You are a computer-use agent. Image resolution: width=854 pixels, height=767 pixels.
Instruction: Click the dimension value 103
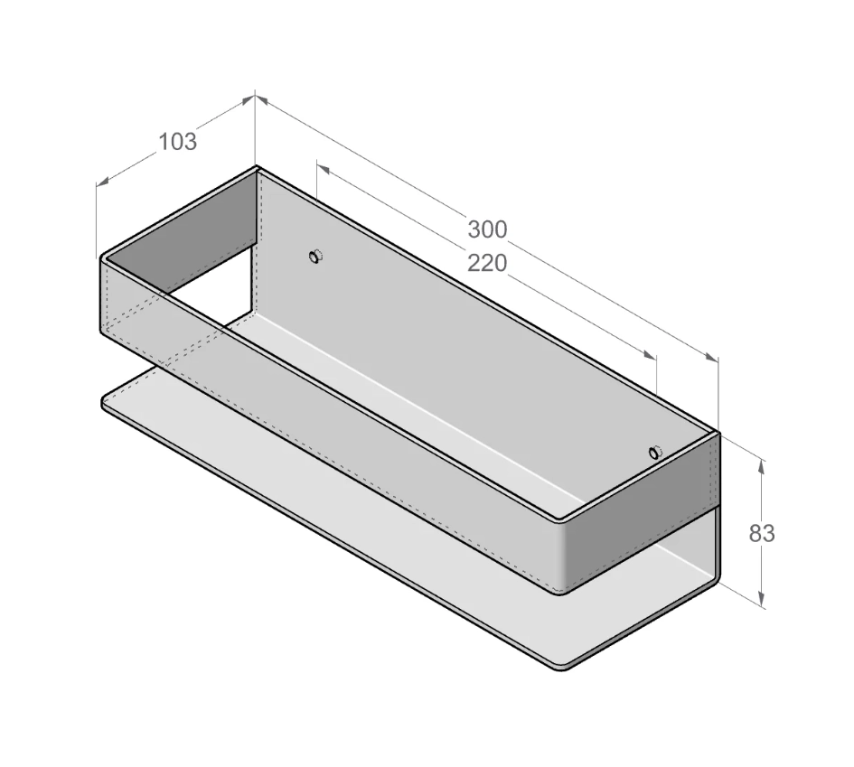click(x=177, y=141)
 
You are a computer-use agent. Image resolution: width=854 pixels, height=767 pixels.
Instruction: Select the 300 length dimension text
click(x=487, y=229)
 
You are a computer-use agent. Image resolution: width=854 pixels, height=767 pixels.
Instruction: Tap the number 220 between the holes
click(x=487, y=263)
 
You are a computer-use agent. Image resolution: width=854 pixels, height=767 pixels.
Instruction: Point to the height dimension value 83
click(x=762, y=533)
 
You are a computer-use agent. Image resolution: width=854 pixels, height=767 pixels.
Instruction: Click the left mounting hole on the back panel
click(x=314, y=257)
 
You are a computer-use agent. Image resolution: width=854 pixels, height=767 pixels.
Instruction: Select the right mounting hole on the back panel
click(x=654, y=452)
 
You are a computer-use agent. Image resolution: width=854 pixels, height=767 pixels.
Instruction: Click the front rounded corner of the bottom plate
click(x=563, y=667)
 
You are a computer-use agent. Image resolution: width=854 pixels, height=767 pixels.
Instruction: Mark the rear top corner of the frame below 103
click(x=257, y=169)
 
